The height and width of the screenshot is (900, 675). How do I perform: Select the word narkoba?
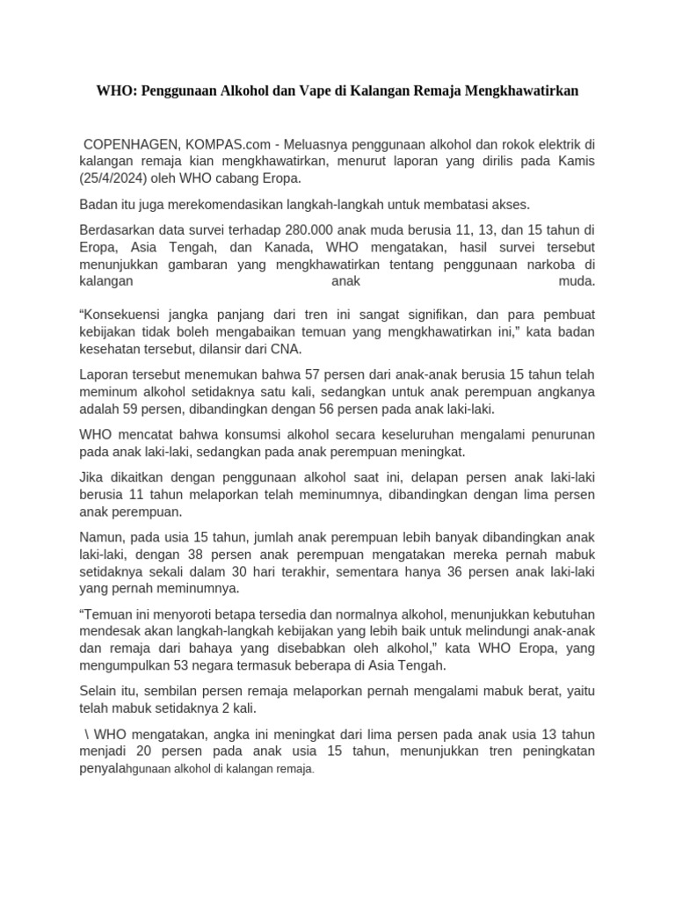(559, 265)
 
